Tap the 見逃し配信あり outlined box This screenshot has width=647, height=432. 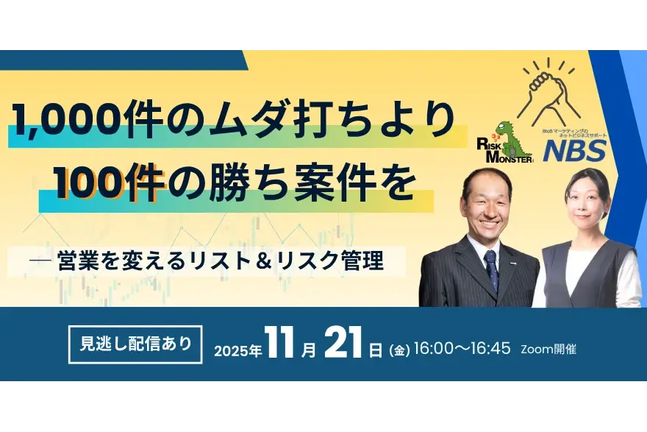click(135, 344)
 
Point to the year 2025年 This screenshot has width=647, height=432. click(238, 350)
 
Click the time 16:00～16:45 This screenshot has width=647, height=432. click(462, 349)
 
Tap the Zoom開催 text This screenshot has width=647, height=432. click(548, 350)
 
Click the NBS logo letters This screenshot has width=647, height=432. click(574, 150)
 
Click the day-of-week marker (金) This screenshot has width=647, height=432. click(399, 351)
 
